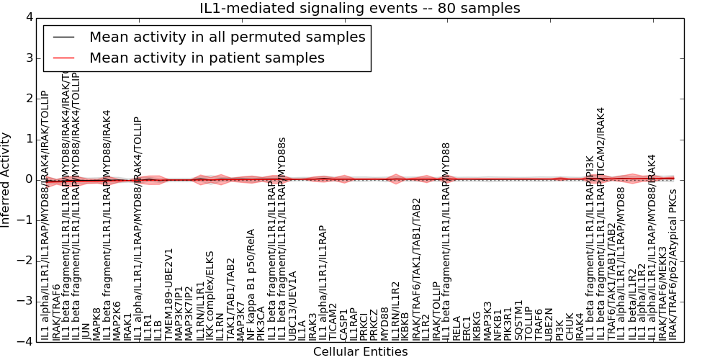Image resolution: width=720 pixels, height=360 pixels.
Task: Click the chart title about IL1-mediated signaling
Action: [x=360, y=9]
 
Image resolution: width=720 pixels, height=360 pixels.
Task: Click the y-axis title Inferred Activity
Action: [x=6, y=179]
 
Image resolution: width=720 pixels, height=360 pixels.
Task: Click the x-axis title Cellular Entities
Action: [x=360, y=352]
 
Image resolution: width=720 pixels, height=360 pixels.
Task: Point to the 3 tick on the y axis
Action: [x=32, y=58]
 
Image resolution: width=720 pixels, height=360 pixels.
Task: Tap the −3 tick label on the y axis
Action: [x=29, y=301]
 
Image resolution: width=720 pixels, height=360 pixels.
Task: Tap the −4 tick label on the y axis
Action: [x=29, y=341]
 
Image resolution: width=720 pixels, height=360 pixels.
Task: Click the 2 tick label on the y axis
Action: [x=32, y=98]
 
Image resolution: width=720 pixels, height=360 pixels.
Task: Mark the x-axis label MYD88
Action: [x=384, y=323]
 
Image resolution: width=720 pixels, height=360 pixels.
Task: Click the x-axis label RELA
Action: [x=456, y=328]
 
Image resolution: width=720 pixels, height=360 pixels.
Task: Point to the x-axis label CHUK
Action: [x=569, y=328]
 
